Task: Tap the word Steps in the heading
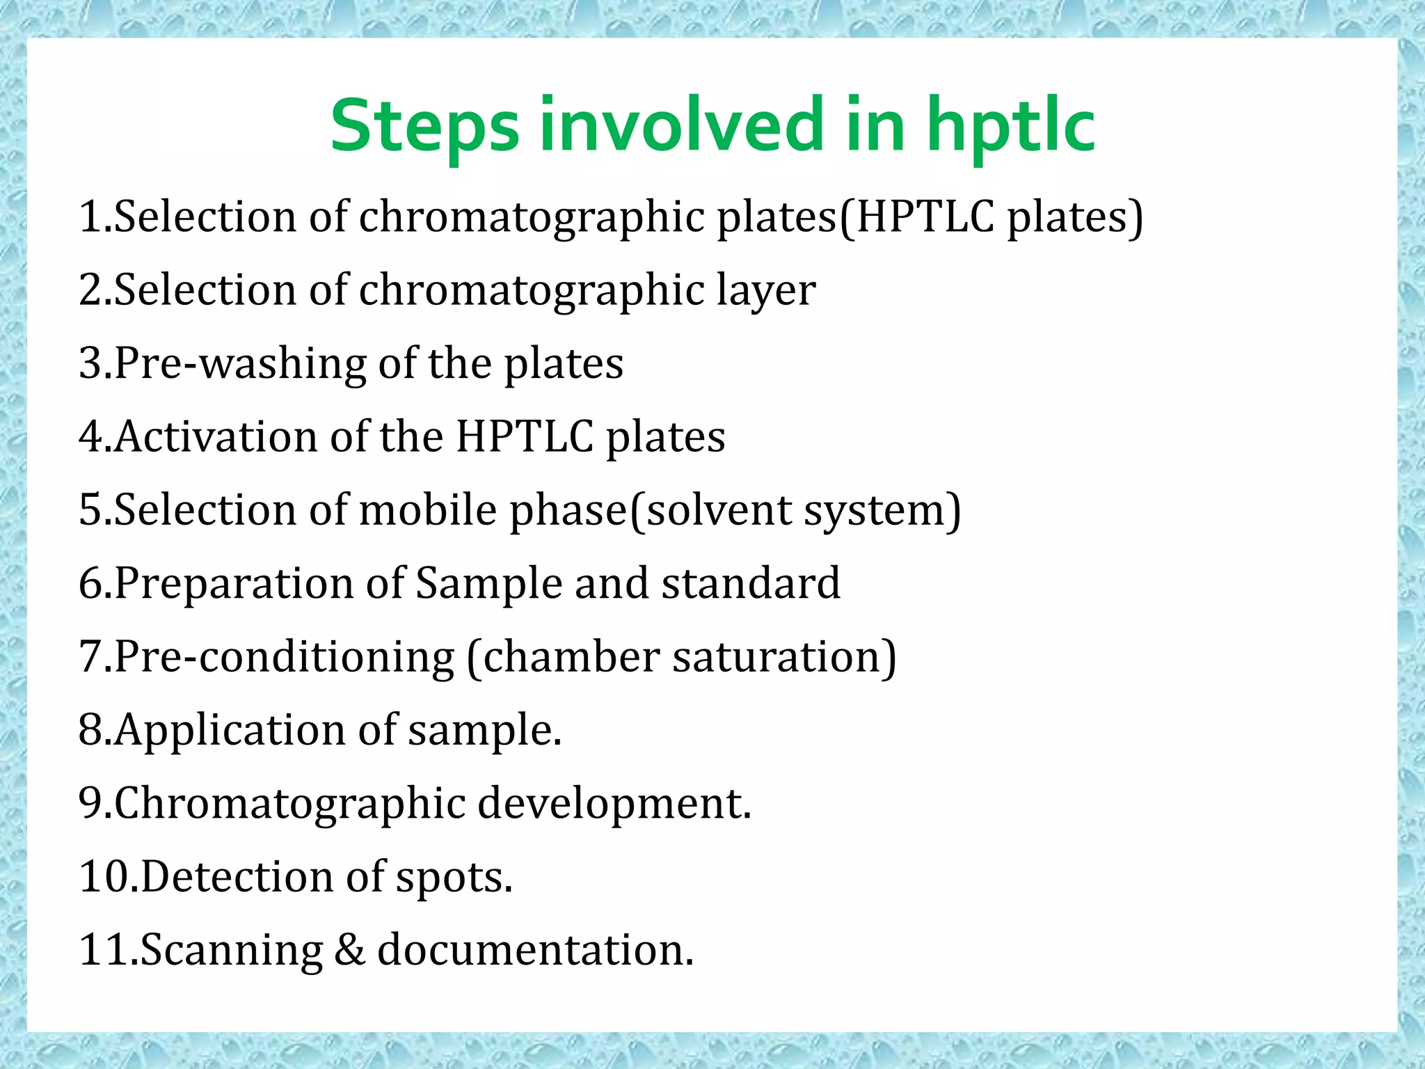(x=424, y=127)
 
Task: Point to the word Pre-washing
(x=240, y=364)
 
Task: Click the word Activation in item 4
(x=216, y=437)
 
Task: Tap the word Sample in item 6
(x=488, y=583)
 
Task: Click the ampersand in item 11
(x=349, y=950)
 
